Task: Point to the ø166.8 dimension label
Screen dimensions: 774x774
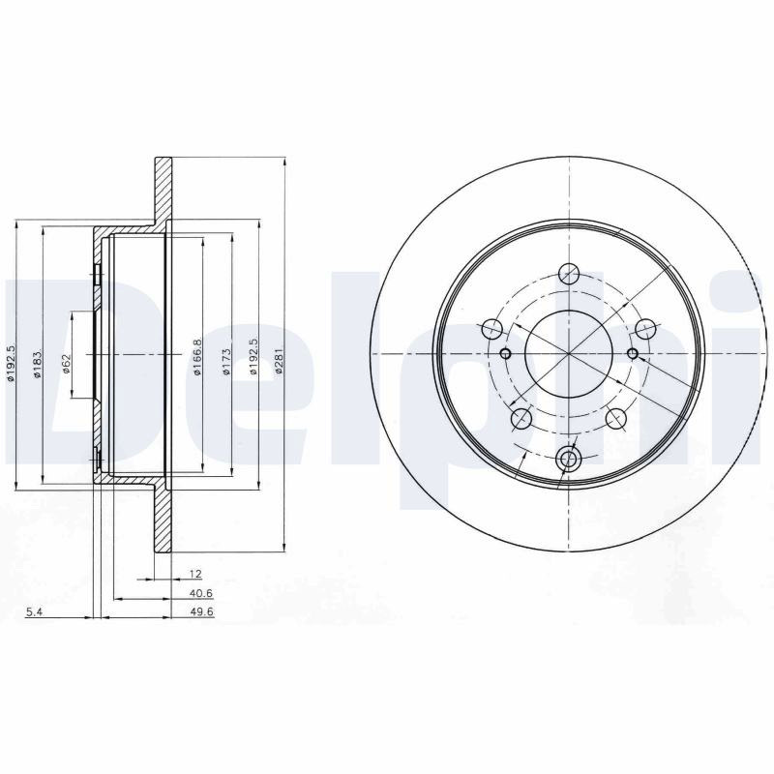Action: pos(197,357)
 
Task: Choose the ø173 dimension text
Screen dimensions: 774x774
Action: pos(226,362)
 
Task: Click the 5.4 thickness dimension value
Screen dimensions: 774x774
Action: pos(34,612)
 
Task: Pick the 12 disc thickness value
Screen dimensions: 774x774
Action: pos(196,574)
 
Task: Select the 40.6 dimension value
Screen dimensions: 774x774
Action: pos(201,593)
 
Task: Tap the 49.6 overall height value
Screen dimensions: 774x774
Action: pos(202,612)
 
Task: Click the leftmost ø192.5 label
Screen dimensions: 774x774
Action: pos(11,363)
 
